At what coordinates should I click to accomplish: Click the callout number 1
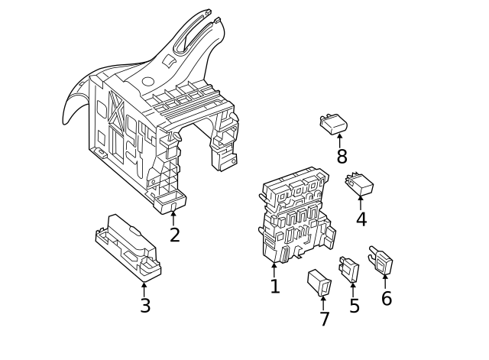pos(275,287)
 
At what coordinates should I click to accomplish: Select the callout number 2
pos(175,235)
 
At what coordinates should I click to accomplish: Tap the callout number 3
pos(144,306)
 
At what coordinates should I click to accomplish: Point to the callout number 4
pos(361,219)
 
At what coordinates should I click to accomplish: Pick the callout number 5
pos(355,306)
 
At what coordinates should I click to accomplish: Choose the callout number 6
pos(387,298)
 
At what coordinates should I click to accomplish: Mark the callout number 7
pos(325,319)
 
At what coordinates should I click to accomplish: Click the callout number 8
pos(342,157)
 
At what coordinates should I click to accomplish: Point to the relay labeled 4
pos(359,183)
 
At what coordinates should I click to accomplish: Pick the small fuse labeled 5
pos(349,269)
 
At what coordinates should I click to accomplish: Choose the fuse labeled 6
pos(381,261)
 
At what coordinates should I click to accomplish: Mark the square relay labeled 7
pos(319,282)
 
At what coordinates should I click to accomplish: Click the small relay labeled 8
pos(335,122)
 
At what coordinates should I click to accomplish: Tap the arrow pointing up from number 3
pos(144,288)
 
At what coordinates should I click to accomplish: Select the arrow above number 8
pos(341,141)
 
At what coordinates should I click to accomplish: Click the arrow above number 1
pos(274,270)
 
